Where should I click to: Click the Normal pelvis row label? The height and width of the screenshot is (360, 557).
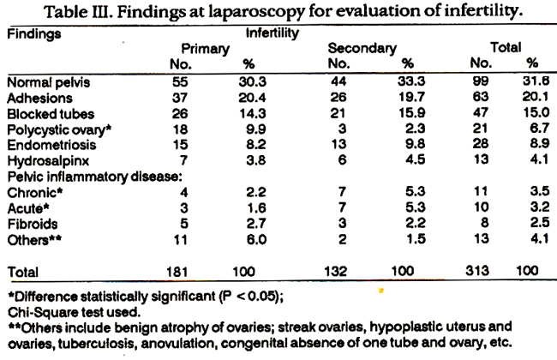[x=49, y=82]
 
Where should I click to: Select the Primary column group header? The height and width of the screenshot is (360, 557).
[x=206, y=49]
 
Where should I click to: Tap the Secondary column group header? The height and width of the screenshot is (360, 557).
[x=362, y=48]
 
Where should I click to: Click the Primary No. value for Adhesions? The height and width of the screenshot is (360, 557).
[x=180, y=98]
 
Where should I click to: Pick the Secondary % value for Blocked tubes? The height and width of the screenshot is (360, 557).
[x=411, y=113]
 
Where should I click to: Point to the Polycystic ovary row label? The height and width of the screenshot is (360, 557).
[x=59, y=129]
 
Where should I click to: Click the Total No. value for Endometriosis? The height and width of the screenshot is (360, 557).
[x=480, y=144]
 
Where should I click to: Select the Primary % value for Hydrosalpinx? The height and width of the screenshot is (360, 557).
[x=256, y=160]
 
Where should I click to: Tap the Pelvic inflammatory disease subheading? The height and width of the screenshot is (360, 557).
[x=95, y=177]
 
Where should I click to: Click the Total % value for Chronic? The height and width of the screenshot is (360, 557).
[x=540, y=191]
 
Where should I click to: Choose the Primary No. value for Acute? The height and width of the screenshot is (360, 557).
[x=183, y=208]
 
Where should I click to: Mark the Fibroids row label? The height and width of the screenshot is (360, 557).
[x=33, y=225]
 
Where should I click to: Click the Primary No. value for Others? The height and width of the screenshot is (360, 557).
[x=180, y=239]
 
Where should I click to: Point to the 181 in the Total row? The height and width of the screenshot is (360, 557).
[x=177, y=272]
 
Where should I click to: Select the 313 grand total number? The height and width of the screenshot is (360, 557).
[x=477, y=271]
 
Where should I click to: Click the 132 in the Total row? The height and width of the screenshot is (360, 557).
[x=335, y=272]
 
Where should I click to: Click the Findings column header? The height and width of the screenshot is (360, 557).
[x=34, y=34]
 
